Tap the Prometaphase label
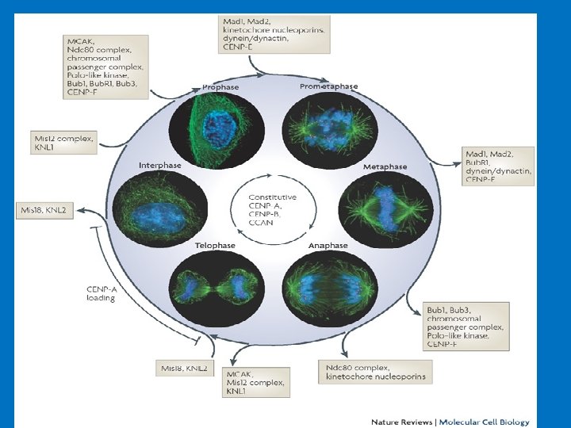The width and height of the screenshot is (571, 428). pyautogui.click(x=328, y=86)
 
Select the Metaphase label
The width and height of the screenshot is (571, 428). pyautogui.click(x=385, y=167)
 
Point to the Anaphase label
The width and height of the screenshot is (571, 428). pyautogui.click(x=328, y=246)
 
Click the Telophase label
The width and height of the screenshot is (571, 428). pyautogui.click(x=215, y=246)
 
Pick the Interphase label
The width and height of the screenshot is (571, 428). pyautogui.click(x=160, y=166)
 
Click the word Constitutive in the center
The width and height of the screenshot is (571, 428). pyautogui.click(x=272, y=197)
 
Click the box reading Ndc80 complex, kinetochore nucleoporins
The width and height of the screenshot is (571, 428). pyautogui.click(x=376, y=372)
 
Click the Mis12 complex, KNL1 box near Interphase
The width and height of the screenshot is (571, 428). pyautogui.click(x=63, y=143)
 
